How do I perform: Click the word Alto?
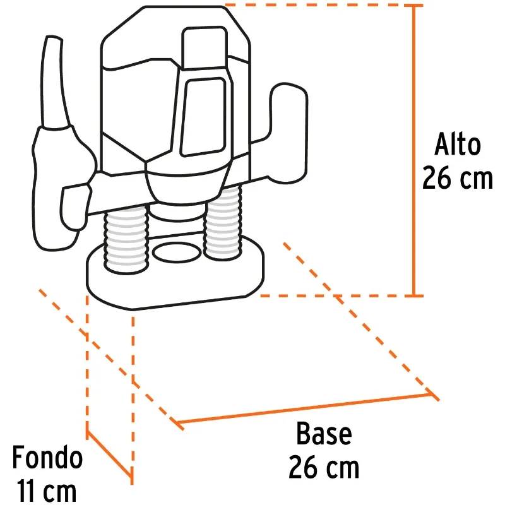point(458,145)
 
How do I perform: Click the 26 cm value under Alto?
point(458,178)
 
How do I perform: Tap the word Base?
point(324,434)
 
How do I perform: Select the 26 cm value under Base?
point(324,467)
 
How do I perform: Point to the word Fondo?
point(47,456)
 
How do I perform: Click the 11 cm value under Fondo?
point(47,490)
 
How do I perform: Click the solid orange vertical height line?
point(417,150)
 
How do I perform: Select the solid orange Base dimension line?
point(304,408)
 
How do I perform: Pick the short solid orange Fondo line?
point(109,453)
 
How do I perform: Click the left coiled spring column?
point(126,241)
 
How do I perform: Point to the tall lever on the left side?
point(55,82)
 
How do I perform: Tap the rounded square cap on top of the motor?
point(205,49)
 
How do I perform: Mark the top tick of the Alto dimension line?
point(417,6)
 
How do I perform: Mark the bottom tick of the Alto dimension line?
point(417,295)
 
